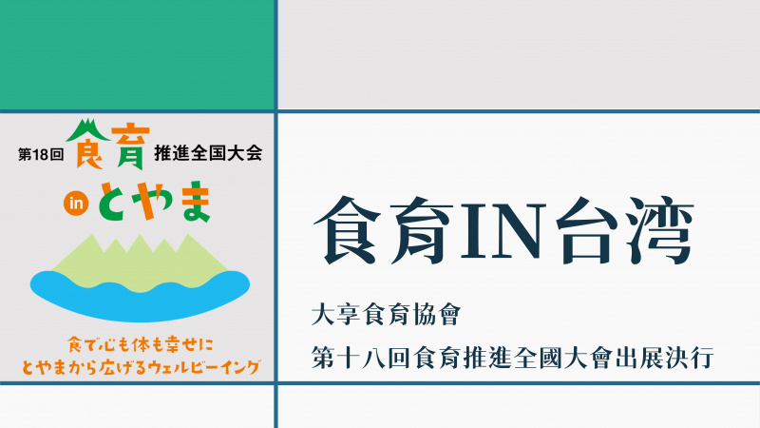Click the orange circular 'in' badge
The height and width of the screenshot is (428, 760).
(x=76, y=204)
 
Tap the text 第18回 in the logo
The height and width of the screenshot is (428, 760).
(x=41, y=154)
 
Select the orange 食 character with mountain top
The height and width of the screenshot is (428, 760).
(x=87, y=145)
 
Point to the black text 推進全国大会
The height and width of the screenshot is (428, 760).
(x=208, y=153)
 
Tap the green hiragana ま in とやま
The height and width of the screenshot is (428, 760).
(x=195, y=202)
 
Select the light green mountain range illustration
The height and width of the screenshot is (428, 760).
(x=140, y=263)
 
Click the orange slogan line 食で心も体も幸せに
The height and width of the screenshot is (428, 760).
(x=141, y=345)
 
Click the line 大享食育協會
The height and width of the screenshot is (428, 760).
(x=386, y=315)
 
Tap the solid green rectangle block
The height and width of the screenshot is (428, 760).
(x=137, y=55)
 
